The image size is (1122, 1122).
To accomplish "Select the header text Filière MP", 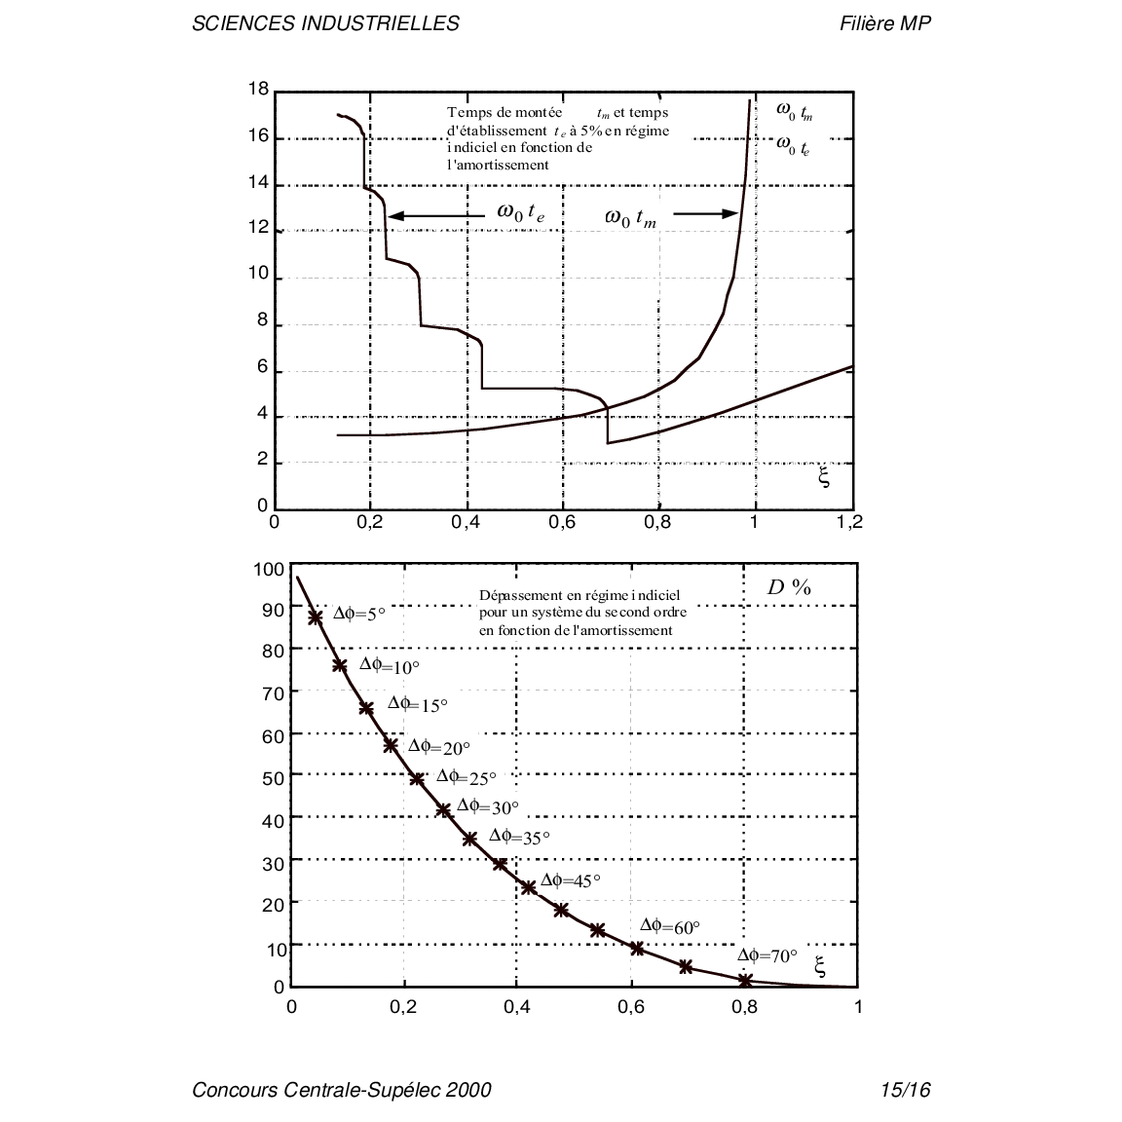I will click(884, 23).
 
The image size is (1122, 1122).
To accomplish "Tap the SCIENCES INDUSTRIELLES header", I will click(325, 23).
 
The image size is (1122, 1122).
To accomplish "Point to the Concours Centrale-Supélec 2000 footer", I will click(342, 1090).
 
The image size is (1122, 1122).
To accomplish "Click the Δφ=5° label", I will click(359, 614).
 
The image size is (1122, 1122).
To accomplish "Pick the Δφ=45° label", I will click(571, 880).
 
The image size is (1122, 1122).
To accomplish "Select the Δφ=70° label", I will click(767, 955).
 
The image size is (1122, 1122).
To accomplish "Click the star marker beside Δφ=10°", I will click(340, 666).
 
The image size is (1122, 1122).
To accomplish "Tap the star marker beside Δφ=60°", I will click(637, 948).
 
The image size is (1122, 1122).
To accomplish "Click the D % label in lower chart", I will click(789, 587).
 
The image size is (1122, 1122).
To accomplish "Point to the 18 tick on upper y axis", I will click(258, 90).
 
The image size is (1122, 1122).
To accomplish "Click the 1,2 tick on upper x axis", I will click(849, 523).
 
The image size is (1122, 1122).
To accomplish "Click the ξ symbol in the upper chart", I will click(823, 477).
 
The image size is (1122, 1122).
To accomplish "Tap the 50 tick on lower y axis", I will click(273, 778).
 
